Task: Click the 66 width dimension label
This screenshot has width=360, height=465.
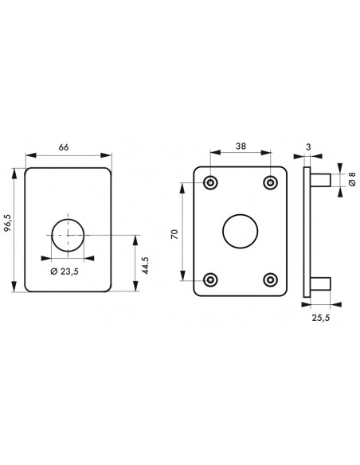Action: pyautogui.click(x=64, y=147)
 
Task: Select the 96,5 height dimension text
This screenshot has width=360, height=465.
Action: pyautogui.click(x=8, y=222)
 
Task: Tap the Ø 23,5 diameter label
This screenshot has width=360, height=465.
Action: pyautogui.click(x=65, y=271)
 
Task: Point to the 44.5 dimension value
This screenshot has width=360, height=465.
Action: pyautogui.click(x=145, y=265)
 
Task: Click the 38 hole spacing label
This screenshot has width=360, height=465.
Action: pyautogui.click(x=241, y=146)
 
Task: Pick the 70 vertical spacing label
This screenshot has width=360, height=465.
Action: pyautogui.click(x=174, y=234)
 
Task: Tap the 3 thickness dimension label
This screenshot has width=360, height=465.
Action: pyautogui.click(x=308, y=147)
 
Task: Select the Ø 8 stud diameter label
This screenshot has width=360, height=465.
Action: pyautogui.click(x=352, y=179)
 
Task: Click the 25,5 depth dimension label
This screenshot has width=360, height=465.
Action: pyautogui.click(x=320, y=318)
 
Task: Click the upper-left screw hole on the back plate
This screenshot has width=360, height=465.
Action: pyautogui.click(x=210, y=182)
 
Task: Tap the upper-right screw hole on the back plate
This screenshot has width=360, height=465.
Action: pyautogui.click(x=271, y=182)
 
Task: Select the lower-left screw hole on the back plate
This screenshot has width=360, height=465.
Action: pyautogui.click(x=210, y=279)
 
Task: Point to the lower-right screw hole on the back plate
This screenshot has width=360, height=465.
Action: pyautogui.click(x=271, y=279)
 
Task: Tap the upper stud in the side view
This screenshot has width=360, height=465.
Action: pyautogui.click(x=320, y=180)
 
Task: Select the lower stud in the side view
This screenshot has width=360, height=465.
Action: pyautogui.click(x=320, y=283)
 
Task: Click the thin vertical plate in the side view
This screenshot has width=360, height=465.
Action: pyautogui.click(x=307, y=232)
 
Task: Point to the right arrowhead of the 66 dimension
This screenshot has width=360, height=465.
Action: pyautogui.click(x=106, y=155)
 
